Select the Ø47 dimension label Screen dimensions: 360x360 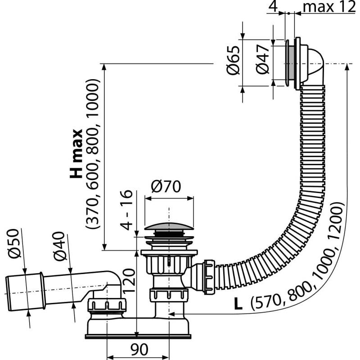click(263, 63)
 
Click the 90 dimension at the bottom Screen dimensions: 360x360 click(138, 349)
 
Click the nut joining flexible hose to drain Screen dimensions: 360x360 click(208, 275)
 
